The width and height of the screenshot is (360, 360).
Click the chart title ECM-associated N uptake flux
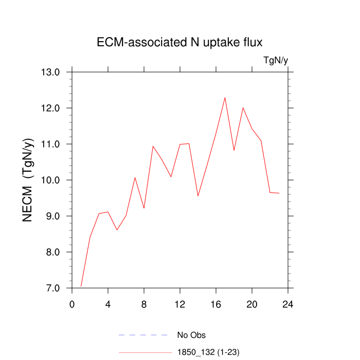179,43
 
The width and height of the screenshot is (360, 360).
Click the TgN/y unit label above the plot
276,61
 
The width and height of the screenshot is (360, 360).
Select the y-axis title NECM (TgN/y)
28,180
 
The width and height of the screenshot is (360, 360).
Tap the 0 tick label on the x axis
72,304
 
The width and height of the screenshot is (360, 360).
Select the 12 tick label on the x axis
180,304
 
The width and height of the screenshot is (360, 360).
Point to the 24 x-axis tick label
288,304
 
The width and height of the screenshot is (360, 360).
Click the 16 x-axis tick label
216,304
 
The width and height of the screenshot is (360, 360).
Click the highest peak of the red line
225,97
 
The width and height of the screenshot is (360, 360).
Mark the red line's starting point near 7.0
81,286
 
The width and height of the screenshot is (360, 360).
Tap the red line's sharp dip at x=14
198,195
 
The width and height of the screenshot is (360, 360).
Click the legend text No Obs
191,335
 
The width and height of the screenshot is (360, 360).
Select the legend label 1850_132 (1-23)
208,352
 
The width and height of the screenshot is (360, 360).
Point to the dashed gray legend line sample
144,335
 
